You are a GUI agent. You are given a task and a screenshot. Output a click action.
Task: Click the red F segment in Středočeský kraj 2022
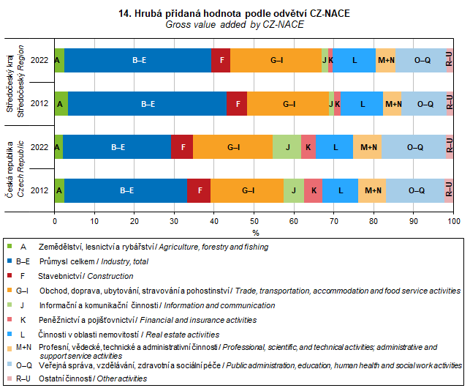(x=221, y=60)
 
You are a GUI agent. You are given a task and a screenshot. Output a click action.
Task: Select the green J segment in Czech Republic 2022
(x=287, y=147)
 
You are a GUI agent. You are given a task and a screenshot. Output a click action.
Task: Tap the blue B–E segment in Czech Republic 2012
(x=126, y=190)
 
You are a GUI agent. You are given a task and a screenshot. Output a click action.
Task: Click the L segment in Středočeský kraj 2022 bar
(x=355, y=60)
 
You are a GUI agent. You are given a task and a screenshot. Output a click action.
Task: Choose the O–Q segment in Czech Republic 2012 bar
(x=416, y=190)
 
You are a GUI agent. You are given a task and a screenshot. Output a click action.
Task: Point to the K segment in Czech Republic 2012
(x=314, y=190)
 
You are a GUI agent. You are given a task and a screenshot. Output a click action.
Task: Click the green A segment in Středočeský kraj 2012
(x=61, y=104)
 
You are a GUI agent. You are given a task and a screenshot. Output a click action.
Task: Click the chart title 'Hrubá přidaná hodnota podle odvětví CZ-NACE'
(x=234, y=14)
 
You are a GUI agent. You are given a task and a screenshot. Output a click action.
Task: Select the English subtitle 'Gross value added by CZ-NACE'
(x=234, y=25)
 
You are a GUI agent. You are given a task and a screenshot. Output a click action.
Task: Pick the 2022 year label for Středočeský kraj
(x=39, y=60)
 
